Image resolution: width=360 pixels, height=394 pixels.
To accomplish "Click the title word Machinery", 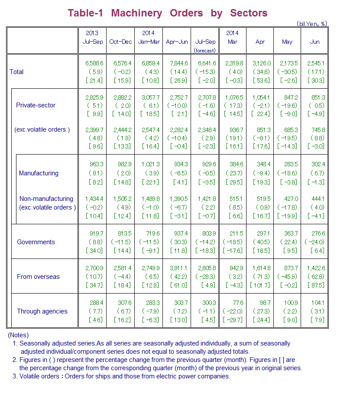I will pos(136,13).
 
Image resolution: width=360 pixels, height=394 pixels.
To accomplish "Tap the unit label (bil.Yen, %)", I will pos(311,24).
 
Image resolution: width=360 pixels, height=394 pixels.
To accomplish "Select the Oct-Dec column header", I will pos(120,42).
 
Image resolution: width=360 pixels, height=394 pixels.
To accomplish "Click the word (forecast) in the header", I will pos(205,50).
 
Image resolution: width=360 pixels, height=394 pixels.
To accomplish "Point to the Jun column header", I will pos(315,42).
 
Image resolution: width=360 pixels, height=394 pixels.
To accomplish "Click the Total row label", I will pos(17,72).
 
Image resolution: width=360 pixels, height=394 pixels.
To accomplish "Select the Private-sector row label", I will pos(36,105).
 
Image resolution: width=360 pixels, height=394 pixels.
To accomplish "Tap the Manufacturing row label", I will pos(39,173).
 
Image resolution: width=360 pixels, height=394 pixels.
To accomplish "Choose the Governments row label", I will pos(36,242).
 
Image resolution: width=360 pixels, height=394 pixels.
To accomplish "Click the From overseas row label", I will pos(39,277).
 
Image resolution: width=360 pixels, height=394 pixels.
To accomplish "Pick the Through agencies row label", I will pos(42,311).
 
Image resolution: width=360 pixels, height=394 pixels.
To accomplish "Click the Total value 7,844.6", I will pos(177,63).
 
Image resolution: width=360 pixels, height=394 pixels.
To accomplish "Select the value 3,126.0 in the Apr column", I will pos(260,63).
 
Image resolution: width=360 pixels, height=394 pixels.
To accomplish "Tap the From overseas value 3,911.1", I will pos(177,268).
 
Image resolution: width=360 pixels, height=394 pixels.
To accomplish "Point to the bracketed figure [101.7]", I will pos(260,285).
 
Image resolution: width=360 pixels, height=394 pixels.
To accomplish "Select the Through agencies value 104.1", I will pos(317,303).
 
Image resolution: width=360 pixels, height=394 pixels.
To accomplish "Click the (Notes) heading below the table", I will pos(18,335).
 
